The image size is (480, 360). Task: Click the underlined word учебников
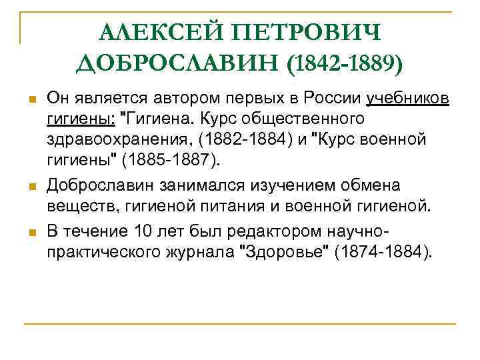pos(408,99)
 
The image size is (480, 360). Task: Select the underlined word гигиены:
pos(79,119)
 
